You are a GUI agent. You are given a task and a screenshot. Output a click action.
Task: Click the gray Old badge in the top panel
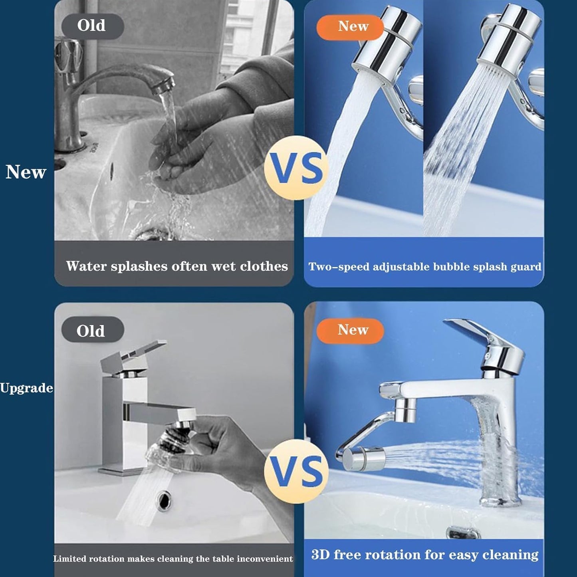[93, 26]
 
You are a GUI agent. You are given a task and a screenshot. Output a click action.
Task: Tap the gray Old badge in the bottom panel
[93, 331]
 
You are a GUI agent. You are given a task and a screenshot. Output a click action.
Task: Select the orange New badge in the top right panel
[350, 27]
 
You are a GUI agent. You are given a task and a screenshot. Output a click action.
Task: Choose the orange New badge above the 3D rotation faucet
[350, 330]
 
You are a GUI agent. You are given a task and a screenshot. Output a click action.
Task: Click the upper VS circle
[296, 168]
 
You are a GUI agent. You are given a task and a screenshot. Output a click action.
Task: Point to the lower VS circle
[296, 471]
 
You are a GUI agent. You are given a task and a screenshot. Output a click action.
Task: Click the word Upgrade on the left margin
[26, 388]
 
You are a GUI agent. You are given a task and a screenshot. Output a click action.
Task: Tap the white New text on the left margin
[26, 172]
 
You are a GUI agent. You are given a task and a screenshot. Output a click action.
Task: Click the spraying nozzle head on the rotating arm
[363, 458]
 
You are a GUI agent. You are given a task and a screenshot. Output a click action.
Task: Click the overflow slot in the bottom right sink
[462, 532]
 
